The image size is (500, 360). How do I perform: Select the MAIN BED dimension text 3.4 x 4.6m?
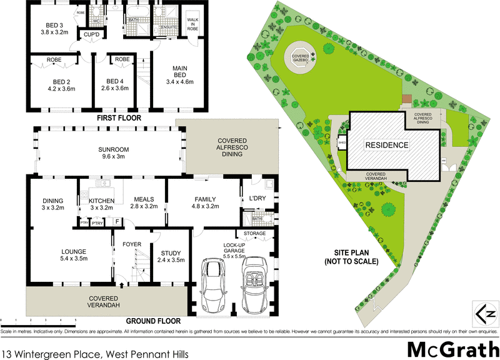(x=179, y=81)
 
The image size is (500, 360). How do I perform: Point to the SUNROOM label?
(x=114, y=150)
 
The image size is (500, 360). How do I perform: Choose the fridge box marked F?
(x=116, y=221)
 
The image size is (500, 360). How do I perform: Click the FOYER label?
(x=131, y=244)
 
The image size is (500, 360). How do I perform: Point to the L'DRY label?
(x=256, y=198)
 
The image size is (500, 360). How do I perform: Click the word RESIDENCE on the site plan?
(x=386, y=146)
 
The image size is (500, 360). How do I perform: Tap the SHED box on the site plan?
(x=342, y=142)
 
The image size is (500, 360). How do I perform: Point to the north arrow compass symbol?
(x=484, y=312)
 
